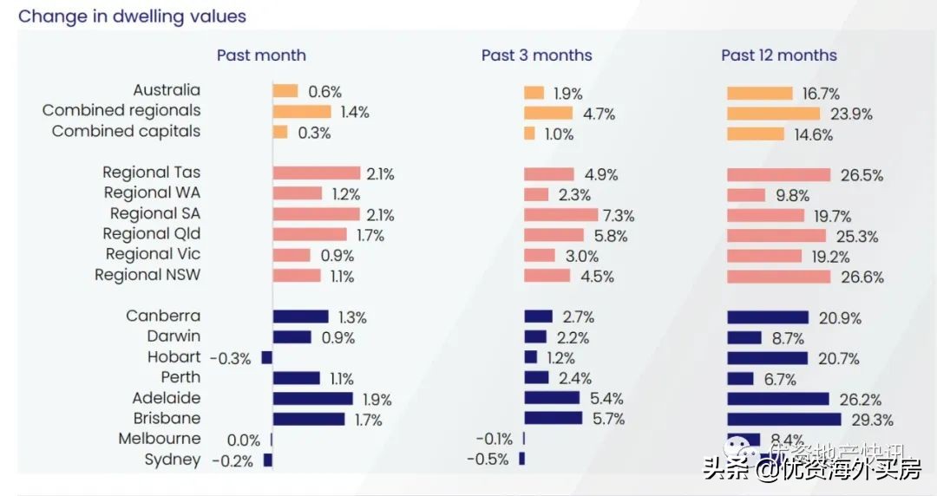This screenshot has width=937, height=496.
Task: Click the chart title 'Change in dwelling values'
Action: pos(132,16)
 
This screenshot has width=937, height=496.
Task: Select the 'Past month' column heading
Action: pos(261,55)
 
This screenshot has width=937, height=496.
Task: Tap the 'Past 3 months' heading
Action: pos(536,55)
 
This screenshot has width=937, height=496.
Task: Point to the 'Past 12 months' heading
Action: pos(778,55)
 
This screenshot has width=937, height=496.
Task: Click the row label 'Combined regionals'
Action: pos(121,111)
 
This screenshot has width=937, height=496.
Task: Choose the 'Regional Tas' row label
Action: pos(151,173)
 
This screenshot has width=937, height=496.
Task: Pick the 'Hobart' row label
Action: pos(174,357)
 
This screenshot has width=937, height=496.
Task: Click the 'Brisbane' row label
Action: pos(167,419)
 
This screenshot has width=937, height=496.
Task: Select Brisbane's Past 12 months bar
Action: pos(783,420)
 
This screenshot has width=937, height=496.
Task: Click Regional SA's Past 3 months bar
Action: pos(560,215)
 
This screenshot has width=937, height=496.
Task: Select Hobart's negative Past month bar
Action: pos(267,357)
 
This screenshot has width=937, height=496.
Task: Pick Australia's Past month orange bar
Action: pos(285,91)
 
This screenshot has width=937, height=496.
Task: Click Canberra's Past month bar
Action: pos(300,317)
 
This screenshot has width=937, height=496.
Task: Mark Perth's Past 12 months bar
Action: pos(740,379)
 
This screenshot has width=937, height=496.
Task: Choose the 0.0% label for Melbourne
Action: pos(244,441)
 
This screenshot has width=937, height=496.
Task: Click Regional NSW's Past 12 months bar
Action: pos(777,277)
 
